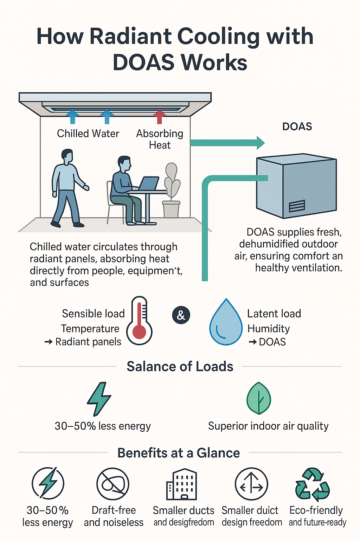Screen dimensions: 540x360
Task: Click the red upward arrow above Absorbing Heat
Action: [x=160, y=116]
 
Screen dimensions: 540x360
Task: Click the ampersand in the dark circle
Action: [x=181, y=315]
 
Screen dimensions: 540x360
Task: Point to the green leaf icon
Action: [x=259, y=398]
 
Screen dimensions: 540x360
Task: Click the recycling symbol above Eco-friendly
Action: [x=312, y=484]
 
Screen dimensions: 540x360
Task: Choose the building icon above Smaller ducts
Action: [x=181, y=484]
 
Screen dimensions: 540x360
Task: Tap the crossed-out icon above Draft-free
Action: [x=113, y=484]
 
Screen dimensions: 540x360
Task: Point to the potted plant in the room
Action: [x=172, y=190]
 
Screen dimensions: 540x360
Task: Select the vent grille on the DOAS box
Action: [x=297, y=206]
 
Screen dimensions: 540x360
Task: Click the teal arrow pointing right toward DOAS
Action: [x=227, y=143]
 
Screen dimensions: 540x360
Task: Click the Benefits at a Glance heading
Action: [x=179, y=453]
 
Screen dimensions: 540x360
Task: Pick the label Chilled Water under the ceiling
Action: [x=88, y=134]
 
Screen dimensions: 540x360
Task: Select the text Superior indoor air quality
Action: [x=268, y=426]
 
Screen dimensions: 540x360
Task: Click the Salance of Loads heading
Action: [x=180, y=366]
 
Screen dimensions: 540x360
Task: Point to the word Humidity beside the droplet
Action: [x=269, y=328]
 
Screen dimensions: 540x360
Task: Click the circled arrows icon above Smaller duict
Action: [x=251, y=484]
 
